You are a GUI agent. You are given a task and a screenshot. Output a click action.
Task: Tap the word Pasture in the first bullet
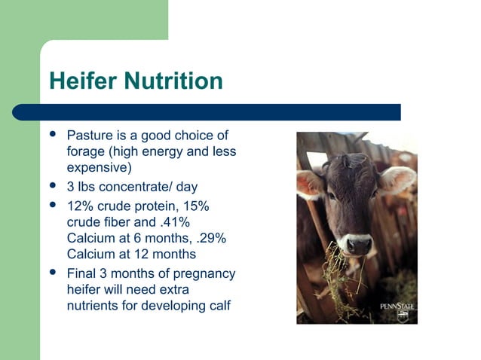pyautogui.click(x=90, y=136)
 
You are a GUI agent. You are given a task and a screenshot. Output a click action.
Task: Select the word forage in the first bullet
pyautogui.click(x=86, y=151)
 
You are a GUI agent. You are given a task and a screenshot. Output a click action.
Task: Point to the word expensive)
pyautogui.click(x=100, y=166)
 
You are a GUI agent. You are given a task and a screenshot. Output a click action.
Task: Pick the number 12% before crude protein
pyautogui.click(x=81, y=207)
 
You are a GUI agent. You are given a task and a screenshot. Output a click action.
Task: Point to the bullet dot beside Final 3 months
pyautogui.click(x=53, y=272)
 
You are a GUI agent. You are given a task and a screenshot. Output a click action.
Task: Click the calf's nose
pyautogui.click(x=359, y=245)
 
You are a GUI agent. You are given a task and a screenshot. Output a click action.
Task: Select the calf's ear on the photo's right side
pyautogui.click(x=398, y=179)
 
